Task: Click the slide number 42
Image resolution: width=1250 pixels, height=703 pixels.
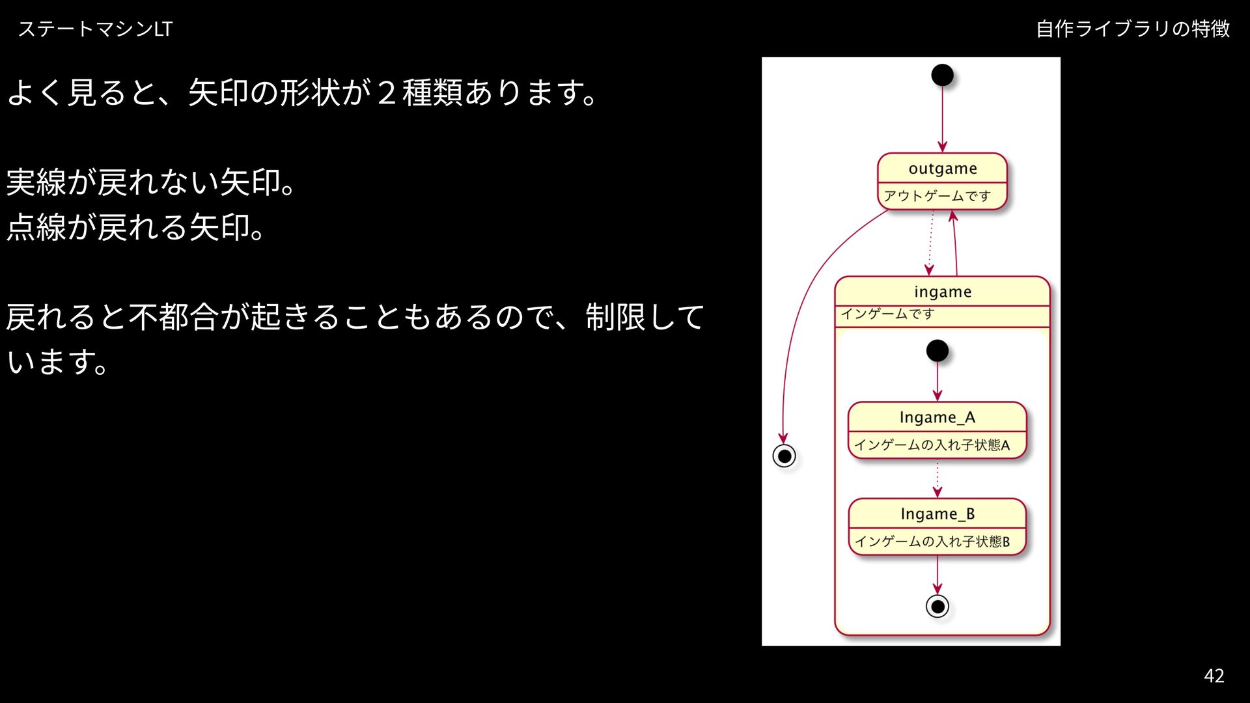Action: [1214, 676]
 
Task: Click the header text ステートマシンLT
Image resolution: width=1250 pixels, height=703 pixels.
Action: [95, 29]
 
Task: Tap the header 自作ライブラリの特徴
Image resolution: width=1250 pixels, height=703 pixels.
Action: [1133, 29]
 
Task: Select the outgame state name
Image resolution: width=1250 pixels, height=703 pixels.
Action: [942, 169]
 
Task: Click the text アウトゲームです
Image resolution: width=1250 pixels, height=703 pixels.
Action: [937, 196]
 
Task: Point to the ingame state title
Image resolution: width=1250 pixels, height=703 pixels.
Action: [942, 292]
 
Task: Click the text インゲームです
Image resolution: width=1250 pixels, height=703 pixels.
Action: [887, 314]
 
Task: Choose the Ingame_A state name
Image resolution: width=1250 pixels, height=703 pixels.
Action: [937, 417]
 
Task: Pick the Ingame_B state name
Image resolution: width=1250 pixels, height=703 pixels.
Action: [937, 514]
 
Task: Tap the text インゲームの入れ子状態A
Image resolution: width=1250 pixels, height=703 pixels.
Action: [932, 445]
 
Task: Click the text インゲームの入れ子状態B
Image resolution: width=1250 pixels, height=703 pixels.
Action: [932, 542]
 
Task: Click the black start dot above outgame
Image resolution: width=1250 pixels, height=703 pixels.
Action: [942, 75]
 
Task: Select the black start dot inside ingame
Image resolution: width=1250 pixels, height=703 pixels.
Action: [937, 351]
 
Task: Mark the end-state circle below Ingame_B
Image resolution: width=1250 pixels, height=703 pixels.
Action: [937, 607]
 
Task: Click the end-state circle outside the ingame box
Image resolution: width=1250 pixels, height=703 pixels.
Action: [784, 456]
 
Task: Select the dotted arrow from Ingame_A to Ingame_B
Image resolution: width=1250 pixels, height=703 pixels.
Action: [937, 478]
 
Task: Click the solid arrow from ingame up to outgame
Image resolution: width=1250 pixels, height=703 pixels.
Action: [955, 243]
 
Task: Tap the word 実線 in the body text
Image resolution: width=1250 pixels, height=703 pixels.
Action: [36, 182]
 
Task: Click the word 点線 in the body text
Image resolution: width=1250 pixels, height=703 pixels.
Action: [36, 227]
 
